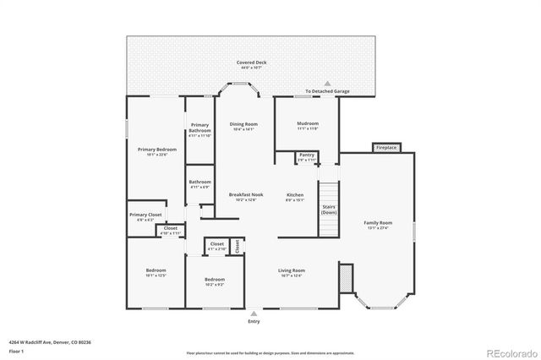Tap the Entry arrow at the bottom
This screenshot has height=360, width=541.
pos(254,313)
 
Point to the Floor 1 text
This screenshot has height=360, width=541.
pos(16,350)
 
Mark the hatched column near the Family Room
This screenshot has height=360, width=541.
pos(344,276)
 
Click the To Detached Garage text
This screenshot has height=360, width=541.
pos(327,92)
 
